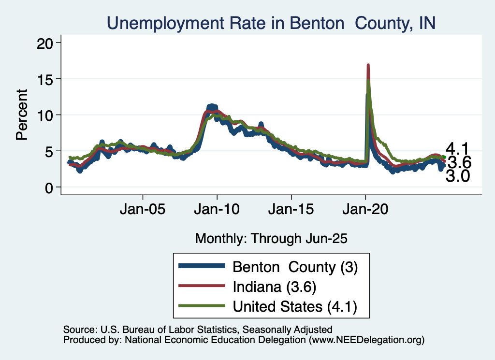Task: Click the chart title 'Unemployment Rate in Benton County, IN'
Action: tap(271, 23)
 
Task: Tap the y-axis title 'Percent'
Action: tap(22, 115)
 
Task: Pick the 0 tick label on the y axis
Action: tap(48, 187)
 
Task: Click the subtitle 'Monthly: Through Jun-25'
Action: tap(271, 238)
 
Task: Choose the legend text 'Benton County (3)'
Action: tap(295, 267)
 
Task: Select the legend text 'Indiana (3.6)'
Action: tap(274, 287)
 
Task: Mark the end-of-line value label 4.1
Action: tap(457, 148)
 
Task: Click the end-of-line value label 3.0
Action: tap(457, 177)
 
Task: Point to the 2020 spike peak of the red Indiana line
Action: tap(368, 65)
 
